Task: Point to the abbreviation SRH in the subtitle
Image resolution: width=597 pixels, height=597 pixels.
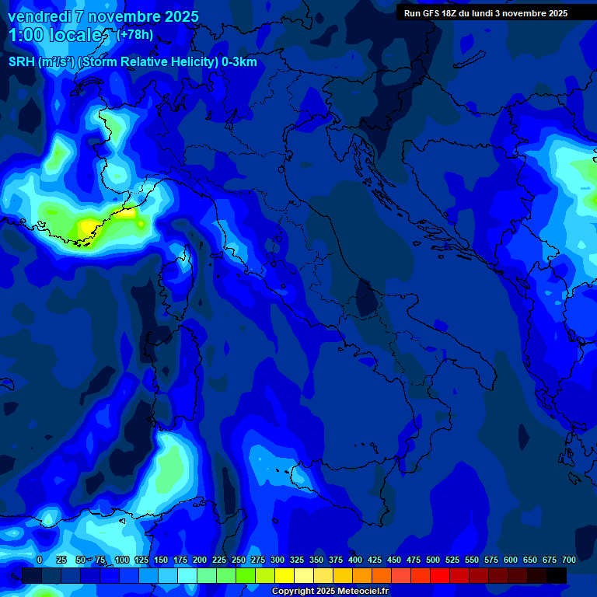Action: (x=22, y=62)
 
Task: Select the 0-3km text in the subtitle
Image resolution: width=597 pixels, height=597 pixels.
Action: (x=239, y=62)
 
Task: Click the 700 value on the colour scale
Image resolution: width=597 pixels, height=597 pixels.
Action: (x=568, y=560)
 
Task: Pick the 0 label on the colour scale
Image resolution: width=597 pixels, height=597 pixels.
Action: (x=40, y=560)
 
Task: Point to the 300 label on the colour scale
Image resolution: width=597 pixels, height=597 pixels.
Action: (x=278, y=560)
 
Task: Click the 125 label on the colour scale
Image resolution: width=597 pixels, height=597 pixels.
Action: (x=141, y=560)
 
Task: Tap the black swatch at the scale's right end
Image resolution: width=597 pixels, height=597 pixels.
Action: (x=557, y=575)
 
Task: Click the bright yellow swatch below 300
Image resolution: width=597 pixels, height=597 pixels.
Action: (x=285, y=575)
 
